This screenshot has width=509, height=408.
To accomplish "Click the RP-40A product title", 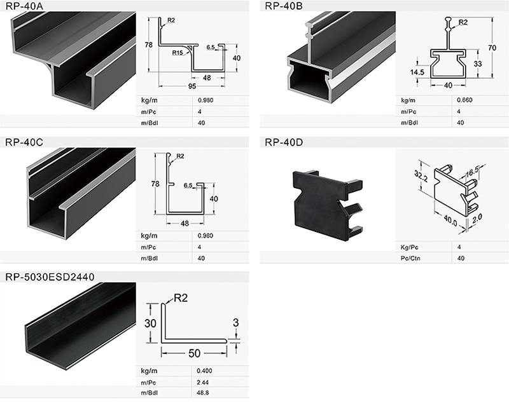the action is point(24,6).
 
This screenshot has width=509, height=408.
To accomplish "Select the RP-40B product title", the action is point(284,6).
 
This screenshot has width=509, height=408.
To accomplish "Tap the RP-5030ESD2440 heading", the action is point(50,277).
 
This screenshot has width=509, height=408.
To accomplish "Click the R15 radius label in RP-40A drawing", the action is point(178,53).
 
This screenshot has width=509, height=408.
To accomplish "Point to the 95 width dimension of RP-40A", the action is point(192,86).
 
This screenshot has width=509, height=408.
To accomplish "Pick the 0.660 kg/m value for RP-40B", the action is point(464,100).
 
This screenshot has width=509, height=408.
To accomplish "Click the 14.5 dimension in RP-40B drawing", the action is point(417,72).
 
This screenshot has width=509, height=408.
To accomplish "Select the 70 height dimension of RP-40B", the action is point(492,48).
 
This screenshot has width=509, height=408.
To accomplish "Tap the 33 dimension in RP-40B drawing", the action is point(478,64).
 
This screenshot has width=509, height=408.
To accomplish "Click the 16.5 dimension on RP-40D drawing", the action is point(472,172).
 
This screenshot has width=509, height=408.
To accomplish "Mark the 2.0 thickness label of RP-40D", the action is point(477,219).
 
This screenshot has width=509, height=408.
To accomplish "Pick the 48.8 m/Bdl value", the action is point(203,393).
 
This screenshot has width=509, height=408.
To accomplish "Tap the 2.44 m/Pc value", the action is point(202,383).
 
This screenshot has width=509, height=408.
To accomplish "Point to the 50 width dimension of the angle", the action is point(194,353).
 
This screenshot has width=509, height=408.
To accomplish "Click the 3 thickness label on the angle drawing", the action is point(236,322).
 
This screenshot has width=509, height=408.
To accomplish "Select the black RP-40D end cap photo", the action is point(328,205).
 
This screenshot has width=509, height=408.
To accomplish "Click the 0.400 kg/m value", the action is point(204,371).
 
